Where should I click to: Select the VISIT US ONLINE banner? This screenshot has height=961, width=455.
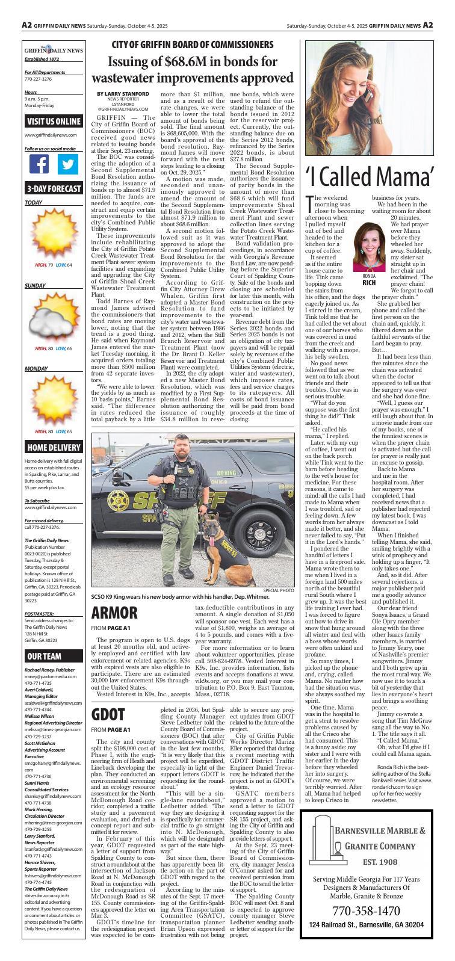point(53,121)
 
